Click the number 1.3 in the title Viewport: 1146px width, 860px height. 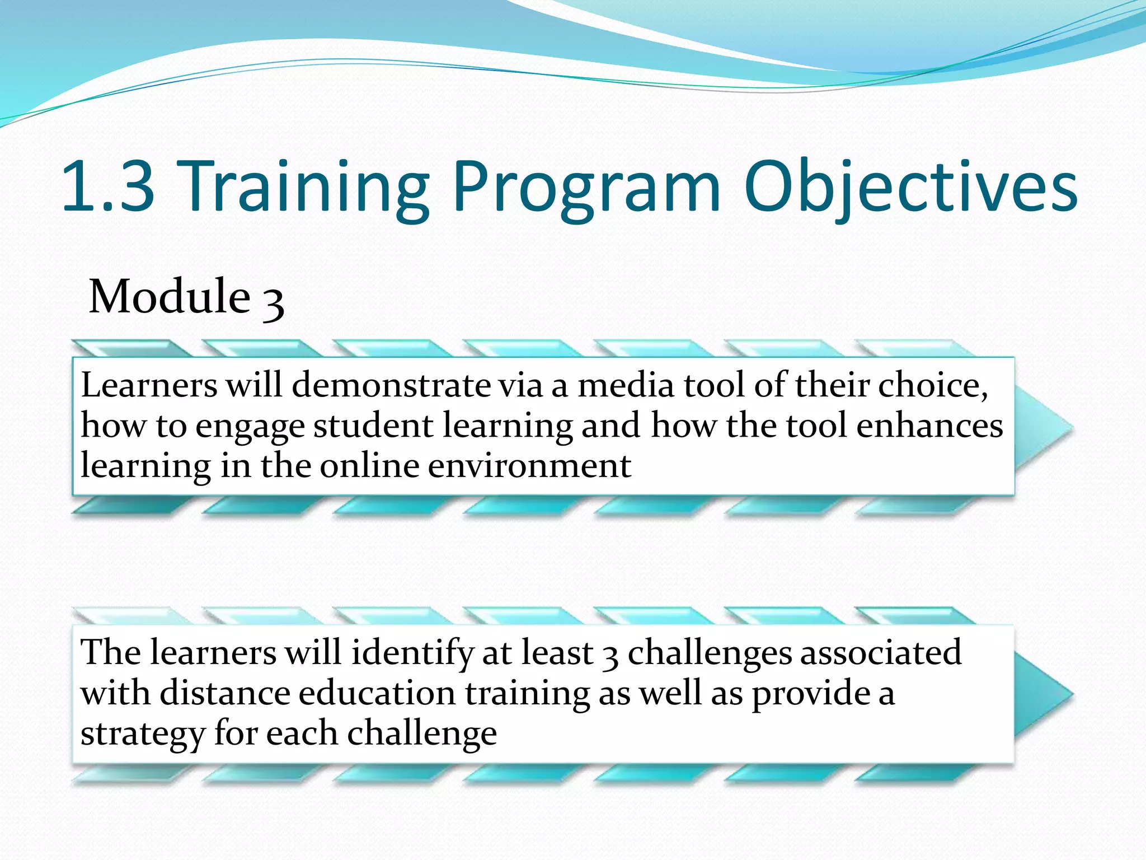pos(108,186)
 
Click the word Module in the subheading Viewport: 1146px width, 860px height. pos(170,296)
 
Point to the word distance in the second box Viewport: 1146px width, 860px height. pos(224,693)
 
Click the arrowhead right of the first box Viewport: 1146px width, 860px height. pos(1043,428)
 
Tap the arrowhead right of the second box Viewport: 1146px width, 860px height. pos(1043,694)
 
